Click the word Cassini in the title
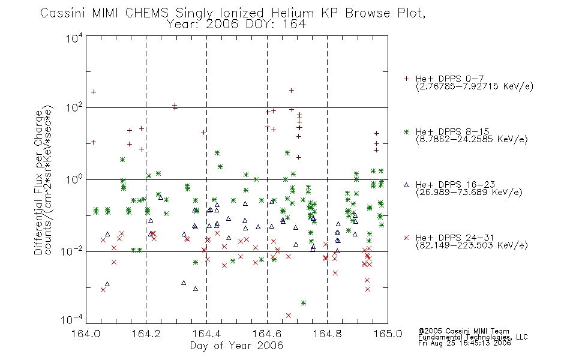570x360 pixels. [x=62, y=13]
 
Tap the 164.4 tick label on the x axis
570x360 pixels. [x=207, y=334]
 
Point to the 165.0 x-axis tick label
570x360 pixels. [x=388, y=334]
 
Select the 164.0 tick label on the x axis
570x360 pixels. [x=86, y=334]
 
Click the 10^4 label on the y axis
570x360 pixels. [x=74, y=38]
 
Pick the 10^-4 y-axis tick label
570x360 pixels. [x=72, y=319]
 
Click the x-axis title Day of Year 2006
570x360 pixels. [x=236, y=346]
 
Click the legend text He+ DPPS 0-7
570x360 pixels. [x=449, y=79]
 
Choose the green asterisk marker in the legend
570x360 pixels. [x=406, y=132]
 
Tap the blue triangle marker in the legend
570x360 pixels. [x=406, y=185]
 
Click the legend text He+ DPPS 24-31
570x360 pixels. [x=455, y=238]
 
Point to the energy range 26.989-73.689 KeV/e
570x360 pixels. [x=469, y=193]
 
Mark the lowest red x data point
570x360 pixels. [x=289, y=315]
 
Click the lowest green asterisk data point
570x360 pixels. [x=304, y=303]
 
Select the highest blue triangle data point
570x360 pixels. [x=160, y=197]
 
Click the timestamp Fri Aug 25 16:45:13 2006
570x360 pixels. [x=464, y=343]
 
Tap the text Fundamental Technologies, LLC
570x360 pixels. [x=473, y=337]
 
